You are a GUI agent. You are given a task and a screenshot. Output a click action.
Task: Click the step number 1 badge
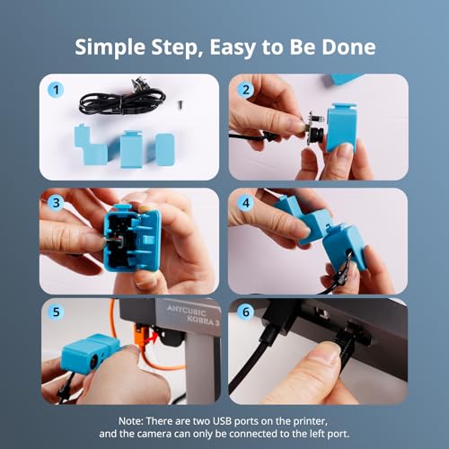tap(57, 90)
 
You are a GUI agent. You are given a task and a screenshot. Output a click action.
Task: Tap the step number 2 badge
tap(244, 90)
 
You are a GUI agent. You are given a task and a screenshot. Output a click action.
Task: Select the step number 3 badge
tap(57, 203)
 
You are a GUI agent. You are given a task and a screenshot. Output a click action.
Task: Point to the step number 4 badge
tap(244, 203)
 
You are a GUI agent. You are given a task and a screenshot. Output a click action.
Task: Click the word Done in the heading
tap(350, 46)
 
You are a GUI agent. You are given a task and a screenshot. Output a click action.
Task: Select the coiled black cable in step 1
tap(121, 101)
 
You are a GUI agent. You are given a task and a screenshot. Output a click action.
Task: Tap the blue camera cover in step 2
tap(341, 128)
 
